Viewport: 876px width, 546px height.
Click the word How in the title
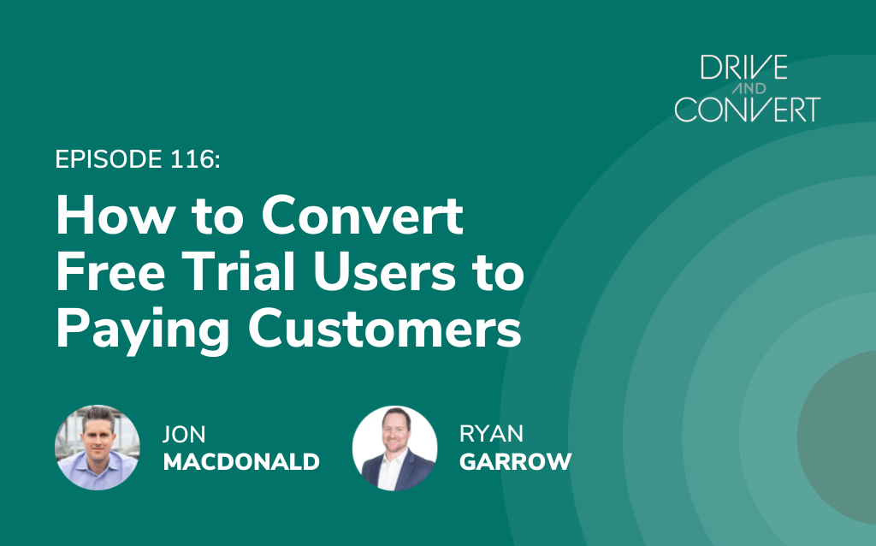pyautogui.click(x=115, y=215)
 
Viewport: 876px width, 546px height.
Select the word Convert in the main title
pyautogui.click(x=362, y=215)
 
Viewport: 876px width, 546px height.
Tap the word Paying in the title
pyautogui.click(x=143, y=331)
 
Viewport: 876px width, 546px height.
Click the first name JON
pyautogui.click(x=185, y=434)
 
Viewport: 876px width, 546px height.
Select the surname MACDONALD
pyautogui.click(x=241, y=462)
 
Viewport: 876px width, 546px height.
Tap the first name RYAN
pyautogui.click(x=492, y=434)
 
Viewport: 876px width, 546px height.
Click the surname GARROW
pyautogui.click(x=516, y=461)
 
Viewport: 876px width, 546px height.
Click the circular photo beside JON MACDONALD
pyautogui.click(x=98, y=448)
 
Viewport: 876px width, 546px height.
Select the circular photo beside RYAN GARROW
pyautogui.click(x=395, y=448)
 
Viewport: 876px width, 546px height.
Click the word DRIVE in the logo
pyautogui.click(x=744, y=68)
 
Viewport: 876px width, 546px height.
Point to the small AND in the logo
pyautogui.click(x=749, y=88)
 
